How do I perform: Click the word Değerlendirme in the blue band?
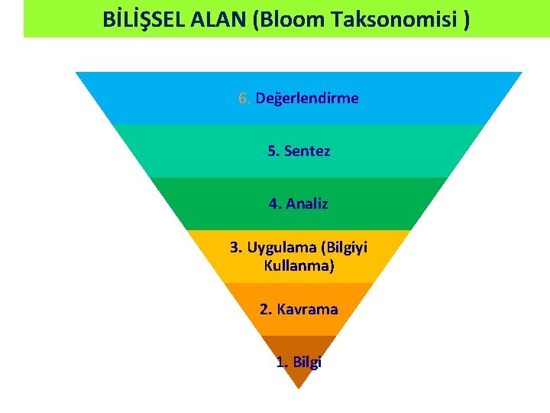[x=307, y=99]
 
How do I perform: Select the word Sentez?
[x=307, y=151]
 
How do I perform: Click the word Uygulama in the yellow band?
[x=282, y=248]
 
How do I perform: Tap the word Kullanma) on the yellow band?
[x=299, y=267]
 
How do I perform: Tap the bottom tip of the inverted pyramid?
[x=299, y=387]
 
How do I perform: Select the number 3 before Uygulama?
[x=235, y=248]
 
